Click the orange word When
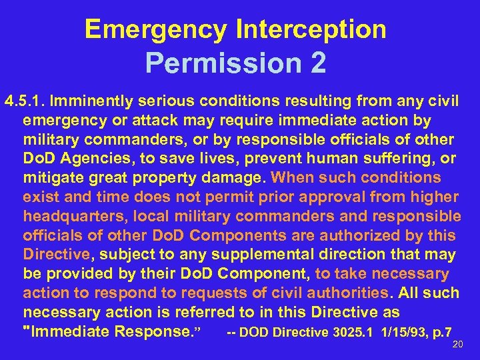293,178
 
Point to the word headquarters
73,217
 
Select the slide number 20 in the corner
457,345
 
